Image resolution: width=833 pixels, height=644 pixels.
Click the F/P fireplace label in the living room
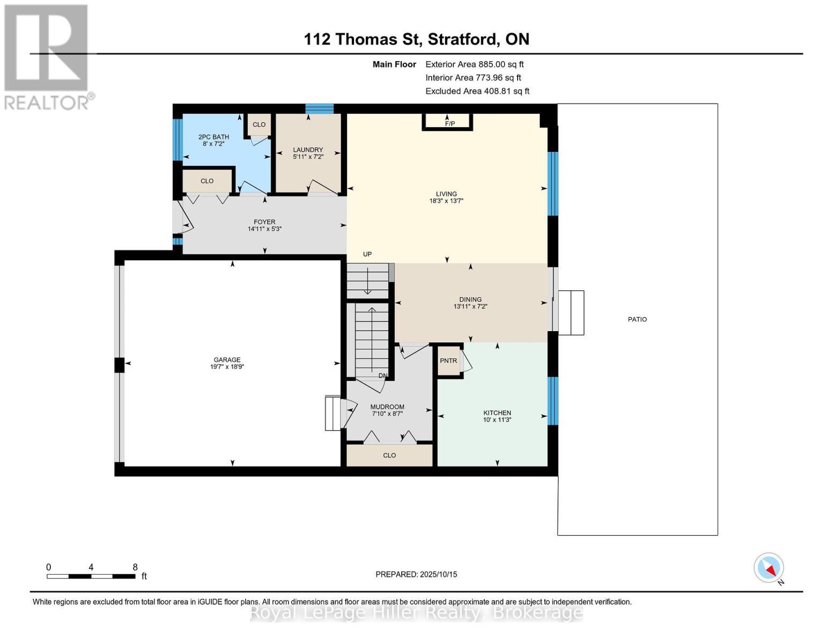click(x=449, y=124)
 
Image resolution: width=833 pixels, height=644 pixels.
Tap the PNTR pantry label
click(x=448, y=361)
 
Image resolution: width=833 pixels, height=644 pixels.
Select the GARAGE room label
click(x=227, y=360)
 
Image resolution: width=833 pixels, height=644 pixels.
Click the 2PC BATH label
click(x=213, y=137)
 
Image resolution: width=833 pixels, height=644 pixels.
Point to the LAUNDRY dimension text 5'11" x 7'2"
click(x=308, y=157)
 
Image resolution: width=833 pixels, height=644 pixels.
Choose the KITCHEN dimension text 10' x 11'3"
click(x=497, y=420)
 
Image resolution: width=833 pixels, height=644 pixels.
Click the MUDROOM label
click(x=387, y=407)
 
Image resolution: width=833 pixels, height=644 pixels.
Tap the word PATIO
click(x=637, y=319)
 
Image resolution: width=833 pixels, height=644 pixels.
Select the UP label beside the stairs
click(x=367, y=254)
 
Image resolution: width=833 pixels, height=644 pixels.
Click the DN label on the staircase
click(x=383, y=376)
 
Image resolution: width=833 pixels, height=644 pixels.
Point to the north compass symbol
click(x=769, y=568)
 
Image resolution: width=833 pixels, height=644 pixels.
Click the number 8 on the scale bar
click(x=135, y=567)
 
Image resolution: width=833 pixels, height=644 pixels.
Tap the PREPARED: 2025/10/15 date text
click(x=416, y=574)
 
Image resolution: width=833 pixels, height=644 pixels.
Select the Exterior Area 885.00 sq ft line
click(x=474, y=64)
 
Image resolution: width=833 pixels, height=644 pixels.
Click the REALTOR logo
click(x=47, y=56)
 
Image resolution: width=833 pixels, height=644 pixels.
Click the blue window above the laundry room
click(x=319, y=109)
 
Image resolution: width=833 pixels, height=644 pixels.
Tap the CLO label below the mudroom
click(x=389, y=455)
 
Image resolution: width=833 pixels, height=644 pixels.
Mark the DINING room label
click(x=470, y=299)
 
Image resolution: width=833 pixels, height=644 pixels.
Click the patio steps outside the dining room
click(x=571, y=313)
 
